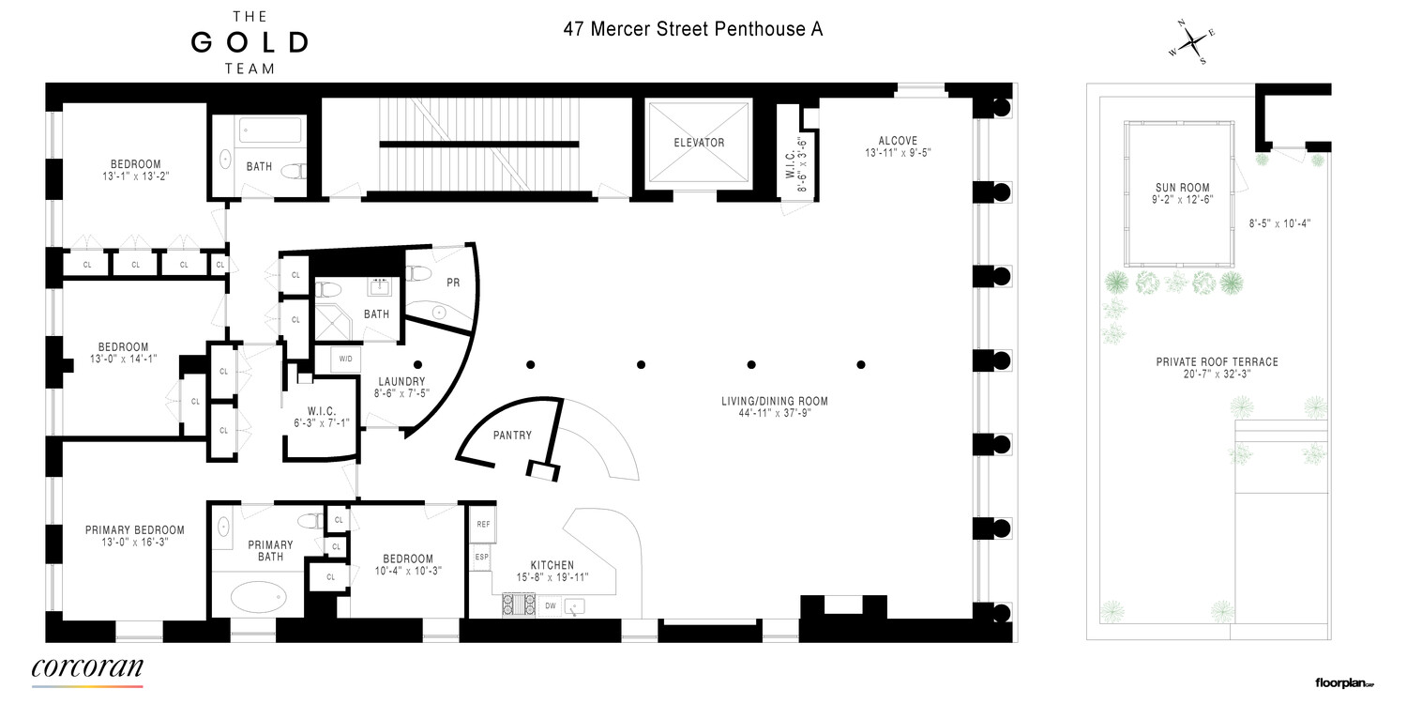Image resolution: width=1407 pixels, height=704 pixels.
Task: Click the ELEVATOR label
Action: [699, 143]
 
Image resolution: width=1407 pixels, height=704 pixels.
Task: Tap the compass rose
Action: [1191, 42]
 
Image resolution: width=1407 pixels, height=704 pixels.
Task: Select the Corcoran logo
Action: [87, 669]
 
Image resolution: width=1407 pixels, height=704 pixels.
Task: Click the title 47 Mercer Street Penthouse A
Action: [693, 29]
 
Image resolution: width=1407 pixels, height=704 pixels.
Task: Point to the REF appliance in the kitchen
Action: [483, 525]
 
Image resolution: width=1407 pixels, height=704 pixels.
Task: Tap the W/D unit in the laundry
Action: [345, 359]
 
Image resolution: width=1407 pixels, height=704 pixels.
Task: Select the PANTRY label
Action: [512, 435]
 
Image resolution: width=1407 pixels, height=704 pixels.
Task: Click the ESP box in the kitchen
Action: [482, 557]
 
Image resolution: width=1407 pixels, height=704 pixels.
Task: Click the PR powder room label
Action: [453, 282]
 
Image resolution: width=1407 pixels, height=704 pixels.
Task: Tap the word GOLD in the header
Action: [250, 42]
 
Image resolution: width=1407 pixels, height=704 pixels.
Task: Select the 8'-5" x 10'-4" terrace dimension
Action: [1278, 223]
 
